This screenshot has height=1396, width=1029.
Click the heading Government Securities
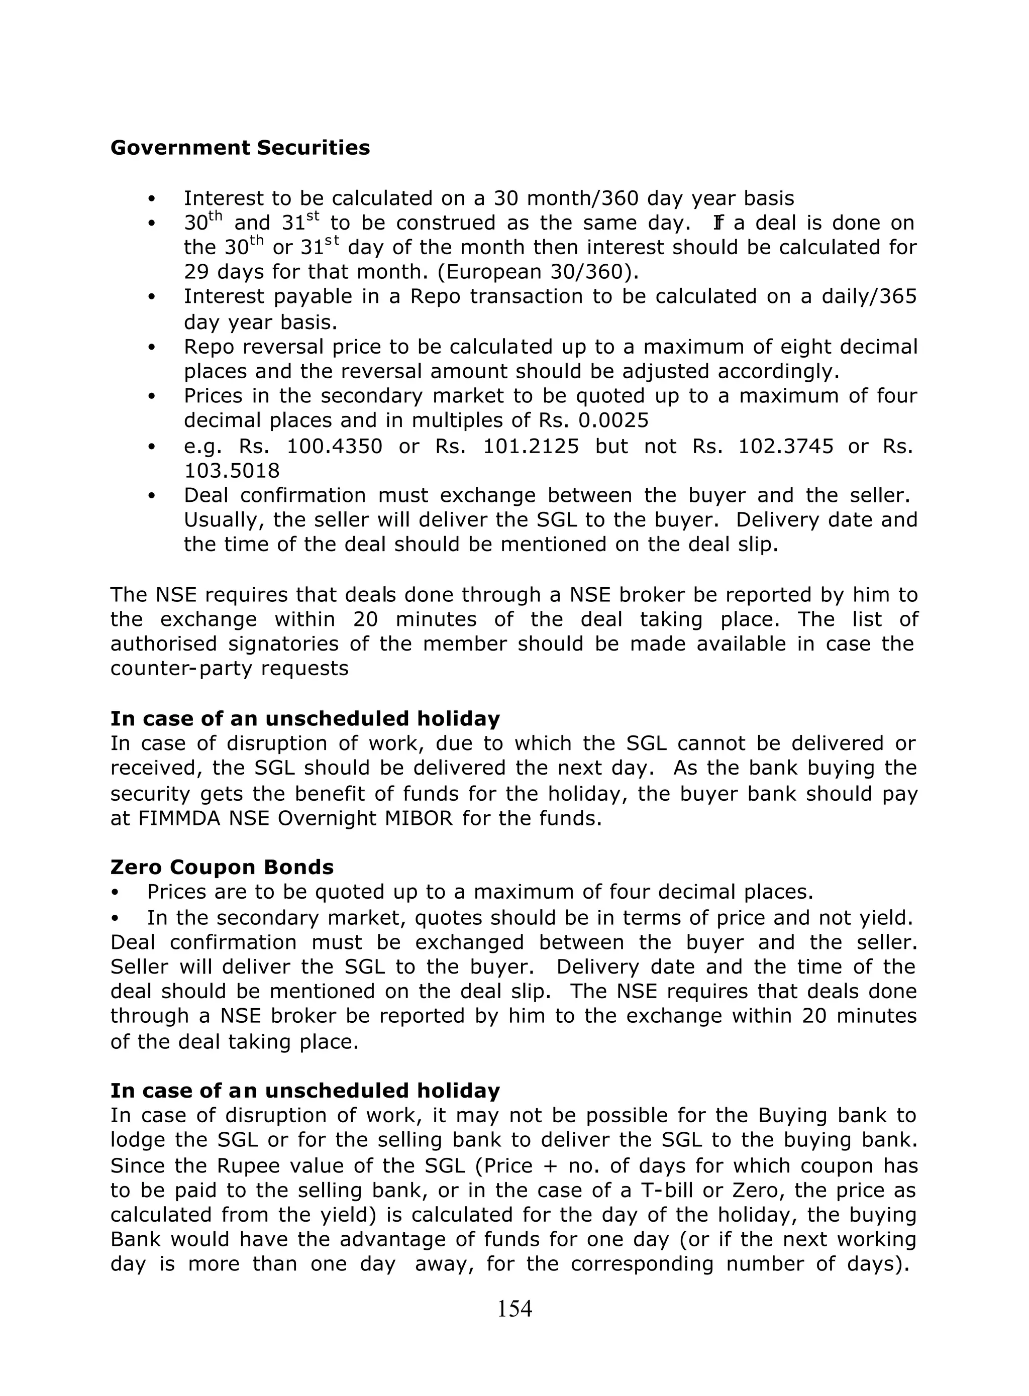240,148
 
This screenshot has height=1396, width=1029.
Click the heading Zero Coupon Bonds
222,868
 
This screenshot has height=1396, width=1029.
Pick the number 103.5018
232,471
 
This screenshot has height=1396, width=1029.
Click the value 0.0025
613,421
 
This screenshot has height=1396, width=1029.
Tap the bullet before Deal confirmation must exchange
151,496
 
